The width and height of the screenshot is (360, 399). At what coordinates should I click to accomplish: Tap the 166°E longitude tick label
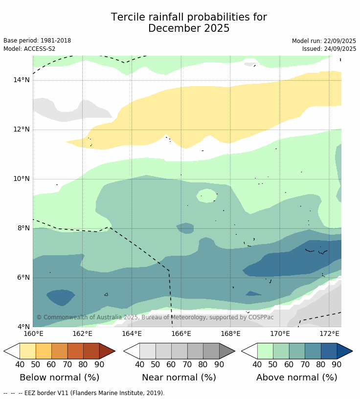(x=181, y=334)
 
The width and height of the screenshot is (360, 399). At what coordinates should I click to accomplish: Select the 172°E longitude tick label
(x=329, y=334)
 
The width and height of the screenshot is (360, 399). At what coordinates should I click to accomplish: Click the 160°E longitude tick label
(x=33, y=334)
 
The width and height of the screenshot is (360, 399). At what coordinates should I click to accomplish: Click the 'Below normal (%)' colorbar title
(x=59, y=377)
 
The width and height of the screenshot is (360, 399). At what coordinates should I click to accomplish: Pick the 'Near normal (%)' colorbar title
(x=179, y=377)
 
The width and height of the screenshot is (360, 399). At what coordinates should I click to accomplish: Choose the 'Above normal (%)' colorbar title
(x=297, y=377)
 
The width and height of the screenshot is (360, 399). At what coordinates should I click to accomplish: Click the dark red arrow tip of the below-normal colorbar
(x=108, y=351)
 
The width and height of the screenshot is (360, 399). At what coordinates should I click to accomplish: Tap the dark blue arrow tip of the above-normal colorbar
(x=345, y=351)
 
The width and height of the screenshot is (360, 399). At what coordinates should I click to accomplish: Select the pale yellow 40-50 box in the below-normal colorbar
(x=27, y=351)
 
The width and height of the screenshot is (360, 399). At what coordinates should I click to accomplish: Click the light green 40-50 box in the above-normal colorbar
(x=265, y=351)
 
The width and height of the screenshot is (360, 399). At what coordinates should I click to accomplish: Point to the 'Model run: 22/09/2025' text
(x=324, y=41)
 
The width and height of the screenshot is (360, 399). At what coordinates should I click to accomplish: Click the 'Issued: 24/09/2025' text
(x=329, y=49)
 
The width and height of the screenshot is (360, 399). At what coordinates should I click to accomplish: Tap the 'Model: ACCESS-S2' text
(x=29, y=49)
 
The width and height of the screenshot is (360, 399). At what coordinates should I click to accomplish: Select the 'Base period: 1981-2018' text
(x=37, y=41)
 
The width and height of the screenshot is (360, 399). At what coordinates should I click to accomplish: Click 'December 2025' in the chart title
(x=189, y=28)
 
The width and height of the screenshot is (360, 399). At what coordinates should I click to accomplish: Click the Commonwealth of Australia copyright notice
(x=155, y=317)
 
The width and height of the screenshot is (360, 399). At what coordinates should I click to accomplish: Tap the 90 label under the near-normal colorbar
(x=219, y=364)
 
